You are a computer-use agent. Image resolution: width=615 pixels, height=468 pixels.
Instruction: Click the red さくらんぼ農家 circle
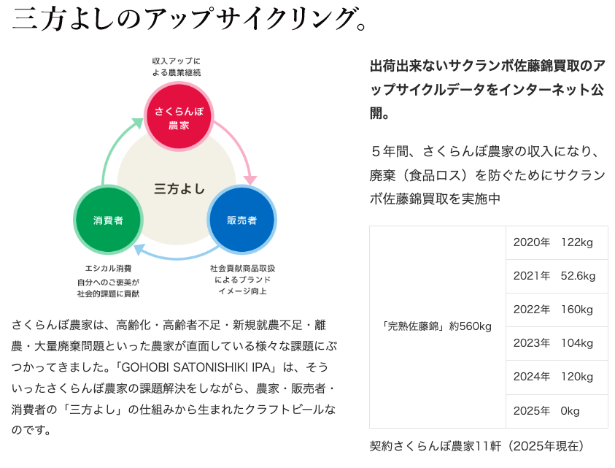(x=179, y=118)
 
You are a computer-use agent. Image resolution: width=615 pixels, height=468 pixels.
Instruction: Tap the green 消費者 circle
(x=108, y=220)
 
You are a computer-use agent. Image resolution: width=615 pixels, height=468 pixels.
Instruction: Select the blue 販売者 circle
(x=241, y=220)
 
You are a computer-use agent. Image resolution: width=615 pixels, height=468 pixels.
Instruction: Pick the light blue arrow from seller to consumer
(x=175, y=253)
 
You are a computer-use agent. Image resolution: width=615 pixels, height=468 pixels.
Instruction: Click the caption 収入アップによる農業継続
(x=176, y=66)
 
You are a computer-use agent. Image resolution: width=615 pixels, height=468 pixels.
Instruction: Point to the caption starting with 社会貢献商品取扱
(x=242, y=280)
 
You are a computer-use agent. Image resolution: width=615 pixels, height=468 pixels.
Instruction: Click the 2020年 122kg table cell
(x=556, y=242)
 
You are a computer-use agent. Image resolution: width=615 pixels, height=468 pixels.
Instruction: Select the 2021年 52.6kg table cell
(x=556, y=276)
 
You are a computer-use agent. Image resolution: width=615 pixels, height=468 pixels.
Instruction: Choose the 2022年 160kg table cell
(x=556, y=310)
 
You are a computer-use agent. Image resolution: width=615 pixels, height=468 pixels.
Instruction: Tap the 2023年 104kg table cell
(x=556, y=343)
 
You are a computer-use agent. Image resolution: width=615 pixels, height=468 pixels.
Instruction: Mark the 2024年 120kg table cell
(x=556, y=377)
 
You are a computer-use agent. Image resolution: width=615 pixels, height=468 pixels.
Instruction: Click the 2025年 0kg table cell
(x=556, y=411)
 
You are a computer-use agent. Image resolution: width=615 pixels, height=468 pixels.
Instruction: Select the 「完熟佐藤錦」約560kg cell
(x=437, y=326)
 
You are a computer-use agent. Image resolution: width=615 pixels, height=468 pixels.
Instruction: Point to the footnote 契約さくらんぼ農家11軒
(x=477, y=445)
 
